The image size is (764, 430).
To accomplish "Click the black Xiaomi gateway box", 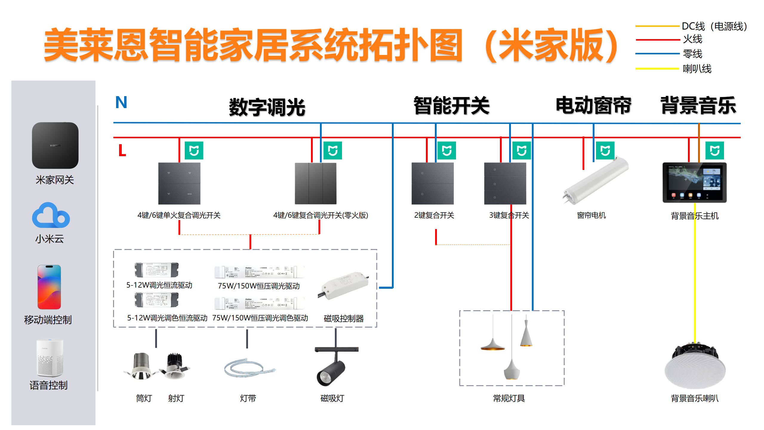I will [x=55, y=145].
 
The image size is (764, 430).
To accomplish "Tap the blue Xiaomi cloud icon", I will [x=51, y=216].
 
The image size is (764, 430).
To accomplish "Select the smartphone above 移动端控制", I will [x=49, y=287].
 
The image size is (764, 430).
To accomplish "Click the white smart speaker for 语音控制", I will [x=50, y=358].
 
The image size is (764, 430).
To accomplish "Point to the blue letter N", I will [x=121, y=102].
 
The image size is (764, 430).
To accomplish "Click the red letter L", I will [x=122, y=150].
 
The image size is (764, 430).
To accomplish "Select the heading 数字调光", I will [x=267, y=107].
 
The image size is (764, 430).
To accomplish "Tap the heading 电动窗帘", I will [x=593, y=105].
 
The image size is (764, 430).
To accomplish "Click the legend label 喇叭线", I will [x=697, y=69].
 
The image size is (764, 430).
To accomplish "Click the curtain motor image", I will [x=596, y=181].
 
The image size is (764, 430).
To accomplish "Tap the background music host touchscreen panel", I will [x=694, y=182].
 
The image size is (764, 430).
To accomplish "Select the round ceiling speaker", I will [x=695, y=367].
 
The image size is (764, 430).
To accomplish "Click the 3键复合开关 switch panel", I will [x=505, y=183].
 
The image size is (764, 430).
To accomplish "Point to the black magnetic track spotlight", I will [x=331, y=372].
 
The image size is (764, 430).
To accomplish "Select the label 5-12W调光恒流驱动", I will [x=159, y=285].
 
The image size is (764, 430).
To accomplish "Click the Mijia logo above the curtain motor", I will [x=605, y=150].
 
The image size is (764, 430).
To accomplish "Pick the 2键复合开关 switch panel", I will [x=432, y=183].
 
